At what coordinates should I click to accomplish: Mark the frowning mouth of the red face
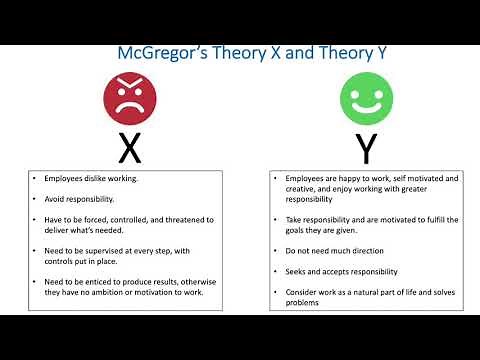129,106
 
